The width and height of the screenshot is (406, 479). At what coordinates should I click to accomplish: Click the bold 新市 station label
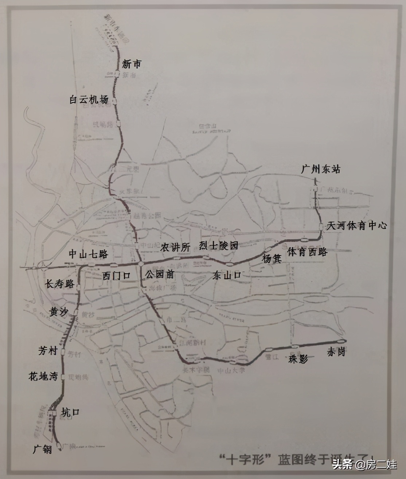coord(131,65)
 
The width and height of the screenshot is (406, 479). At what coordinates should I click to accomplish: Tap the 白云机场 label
coord(89,100)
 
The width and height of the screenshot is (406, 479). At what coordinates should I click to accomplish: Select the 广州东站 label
coord(321,170)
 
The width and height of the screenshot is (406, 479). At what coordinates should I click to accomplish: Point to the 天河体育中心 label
coord(356,226)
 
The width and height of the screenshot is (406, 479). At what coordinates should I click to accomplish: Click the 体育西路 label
coord(307,252)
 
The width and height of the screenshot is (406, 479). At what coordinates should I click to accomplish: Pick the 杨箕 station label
coord(272,259)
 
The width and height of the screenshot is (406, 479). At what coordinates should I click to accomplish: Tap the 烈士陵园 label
coord(219,245)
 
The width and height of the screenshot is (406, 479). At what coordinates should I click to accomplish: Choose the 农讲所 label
coord(176,248)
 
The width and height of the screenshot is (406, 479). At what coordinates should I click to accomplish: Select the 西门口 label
coord(116,276)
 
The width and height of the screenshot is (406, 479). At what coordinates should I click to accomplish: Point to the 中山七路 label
coord(89,254)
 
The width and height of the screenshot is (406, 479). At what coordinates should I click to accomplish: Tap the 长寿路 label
coord(59,284)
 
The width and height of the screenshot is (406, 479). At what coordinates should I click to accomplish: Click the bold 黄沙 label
coord(59,311)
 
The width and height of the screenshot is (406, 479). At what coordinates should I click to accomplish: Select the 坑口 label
coord(70,412)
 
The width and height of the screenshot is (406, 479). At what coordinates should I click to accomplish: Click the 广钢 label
coord(42,449)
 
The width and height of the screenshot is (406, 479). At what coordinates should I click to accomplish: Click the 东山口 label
coord(227,275)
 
